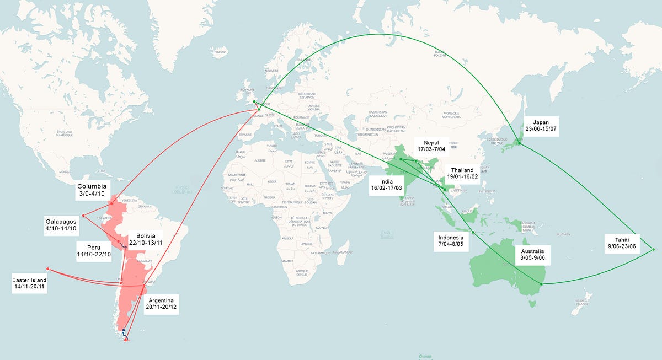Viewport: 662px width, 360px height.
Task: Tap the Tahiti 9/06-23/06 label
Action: (x=622, y=243)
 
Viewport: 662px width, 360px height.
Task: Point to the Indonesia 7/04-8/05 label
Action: (x=451, y=241)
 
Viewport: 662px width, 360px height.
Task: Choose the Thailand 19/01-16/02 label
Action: (x=462, y=173)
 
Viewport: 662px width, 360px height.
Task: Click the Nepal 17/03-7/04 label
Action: (x=431, y=145)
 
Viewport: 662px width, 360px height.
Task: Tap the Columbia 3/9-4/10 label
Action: (x=92, y=190)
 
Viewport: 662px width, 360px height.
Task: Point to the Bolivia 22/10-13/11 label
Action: (x=146, y=239)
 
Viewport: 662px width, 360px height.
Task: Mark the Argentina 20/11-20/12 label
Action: (x=162, y=303)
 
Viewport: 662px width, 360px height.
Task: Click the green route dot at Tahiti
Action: (x=654, y=249)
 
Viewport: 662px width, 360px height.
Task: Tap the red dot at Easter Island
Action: (x=47, y=269)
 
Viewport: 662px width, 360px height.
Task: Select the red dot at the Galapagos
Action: (x=83, y=215)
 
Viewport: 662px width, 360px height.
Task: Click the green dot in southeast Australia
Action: (x=541, y=284)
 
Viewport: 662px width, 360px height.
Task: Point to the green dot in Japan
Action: (x=519, y=144)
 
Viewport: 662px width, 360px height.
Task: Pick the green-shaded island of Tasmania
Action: (x=533, y=303)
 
